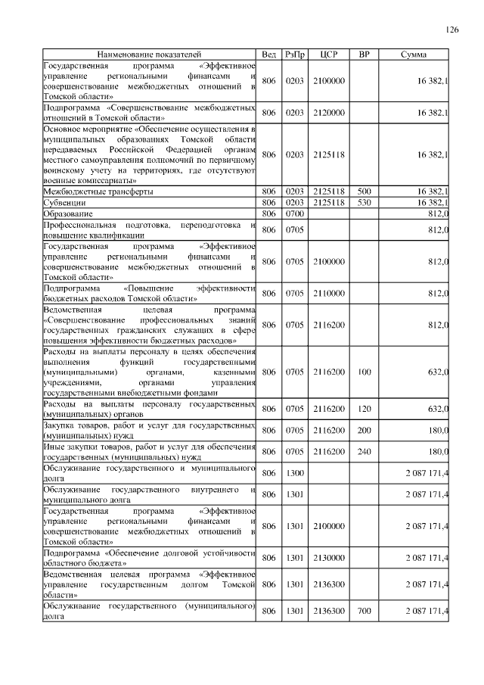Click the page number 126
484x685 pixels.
coord(452,30)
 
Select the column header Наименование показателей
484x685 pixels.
coord(149,55)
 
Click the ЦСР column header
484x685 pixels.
coord(329,55)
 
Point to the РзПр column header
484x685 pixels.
coord(295,55)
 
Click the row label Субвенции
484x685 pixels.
coord(64,204)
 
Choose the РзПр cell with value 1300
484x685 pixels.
coord(295,472)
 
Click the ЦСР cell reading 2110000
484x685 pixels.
coord(329,293)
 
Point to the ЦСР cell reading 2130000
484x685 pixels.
coord(329,557)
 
